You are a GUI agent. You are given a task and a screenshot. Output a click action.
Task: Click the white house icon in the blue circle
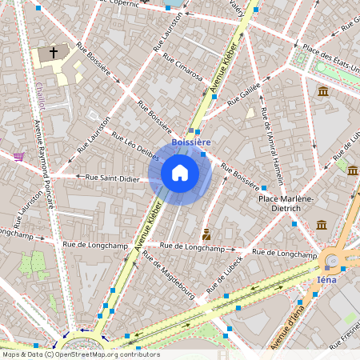(180, 173)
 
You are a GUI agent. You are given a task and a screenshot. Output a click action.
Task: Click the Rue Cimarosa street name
(182, 68)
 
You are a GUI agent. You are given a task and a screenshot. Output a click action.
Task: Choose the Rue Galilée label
(244, 97)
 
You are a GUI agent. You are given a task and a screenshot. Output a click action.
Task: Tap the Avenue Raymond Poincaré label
(44, 164)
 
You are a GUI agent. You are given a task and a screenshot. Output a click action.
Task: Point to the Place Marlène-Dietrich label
(286, 202)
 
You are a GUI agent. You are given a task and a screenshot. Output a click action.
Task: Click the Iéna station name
(328, 280)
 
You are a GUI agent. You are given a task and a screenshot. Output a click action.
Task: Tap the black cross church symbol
(54, 53)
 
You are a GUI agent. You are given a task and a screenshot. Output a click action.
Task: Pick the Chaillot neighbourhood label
(40, 95)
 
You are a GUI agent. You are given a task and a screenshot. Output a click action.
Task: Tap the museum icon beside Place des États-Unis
(322, 91)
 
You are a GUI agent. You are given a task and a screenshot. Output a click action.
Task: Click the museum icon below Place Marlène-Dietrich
(321, 225)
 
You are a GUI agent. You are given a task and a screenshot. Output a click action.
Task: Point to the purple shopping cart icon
(19, 156)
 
